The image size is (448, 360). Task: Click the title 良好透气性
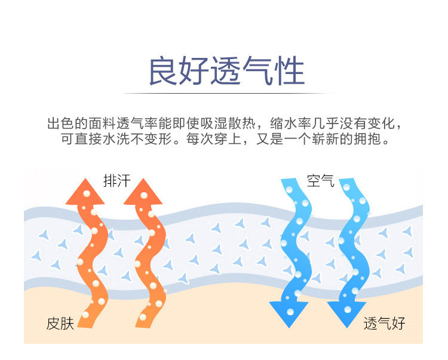[x=226, y=71]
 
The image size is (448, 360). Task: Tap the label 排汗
[x=117, y=181]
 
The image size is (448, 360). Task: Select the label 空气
[x=321, y=180]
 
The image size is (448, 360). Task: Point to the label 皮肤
[x=60, y=324]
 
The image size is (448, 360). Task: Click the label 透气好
[x=384, y=324]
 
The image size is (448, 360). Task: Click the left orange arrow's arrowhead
[x=85, y=193]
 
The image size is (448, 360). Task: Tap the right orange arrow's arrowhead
[x=143, y=193]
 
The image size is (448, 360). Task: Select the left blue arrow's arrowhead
[x=289, y=313]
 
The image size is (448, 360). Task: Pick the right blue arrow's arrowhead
[x=347, y=313]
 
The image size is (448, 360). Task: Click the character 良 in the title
[x=163, y=71]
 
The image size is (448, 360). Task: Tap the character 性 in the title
[x=290, y=71]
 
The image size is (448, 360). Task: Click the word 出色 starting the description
[x=60, y=124]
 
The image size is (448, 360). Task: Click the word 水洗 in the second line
[x=116, y=139]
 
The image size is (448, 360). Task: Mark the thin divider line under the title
[x=229, y=93]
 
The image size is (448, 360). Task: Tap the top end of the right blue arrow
[x=346, y=179]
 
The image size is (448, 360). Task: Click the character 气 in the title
[x=258, y=71]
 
